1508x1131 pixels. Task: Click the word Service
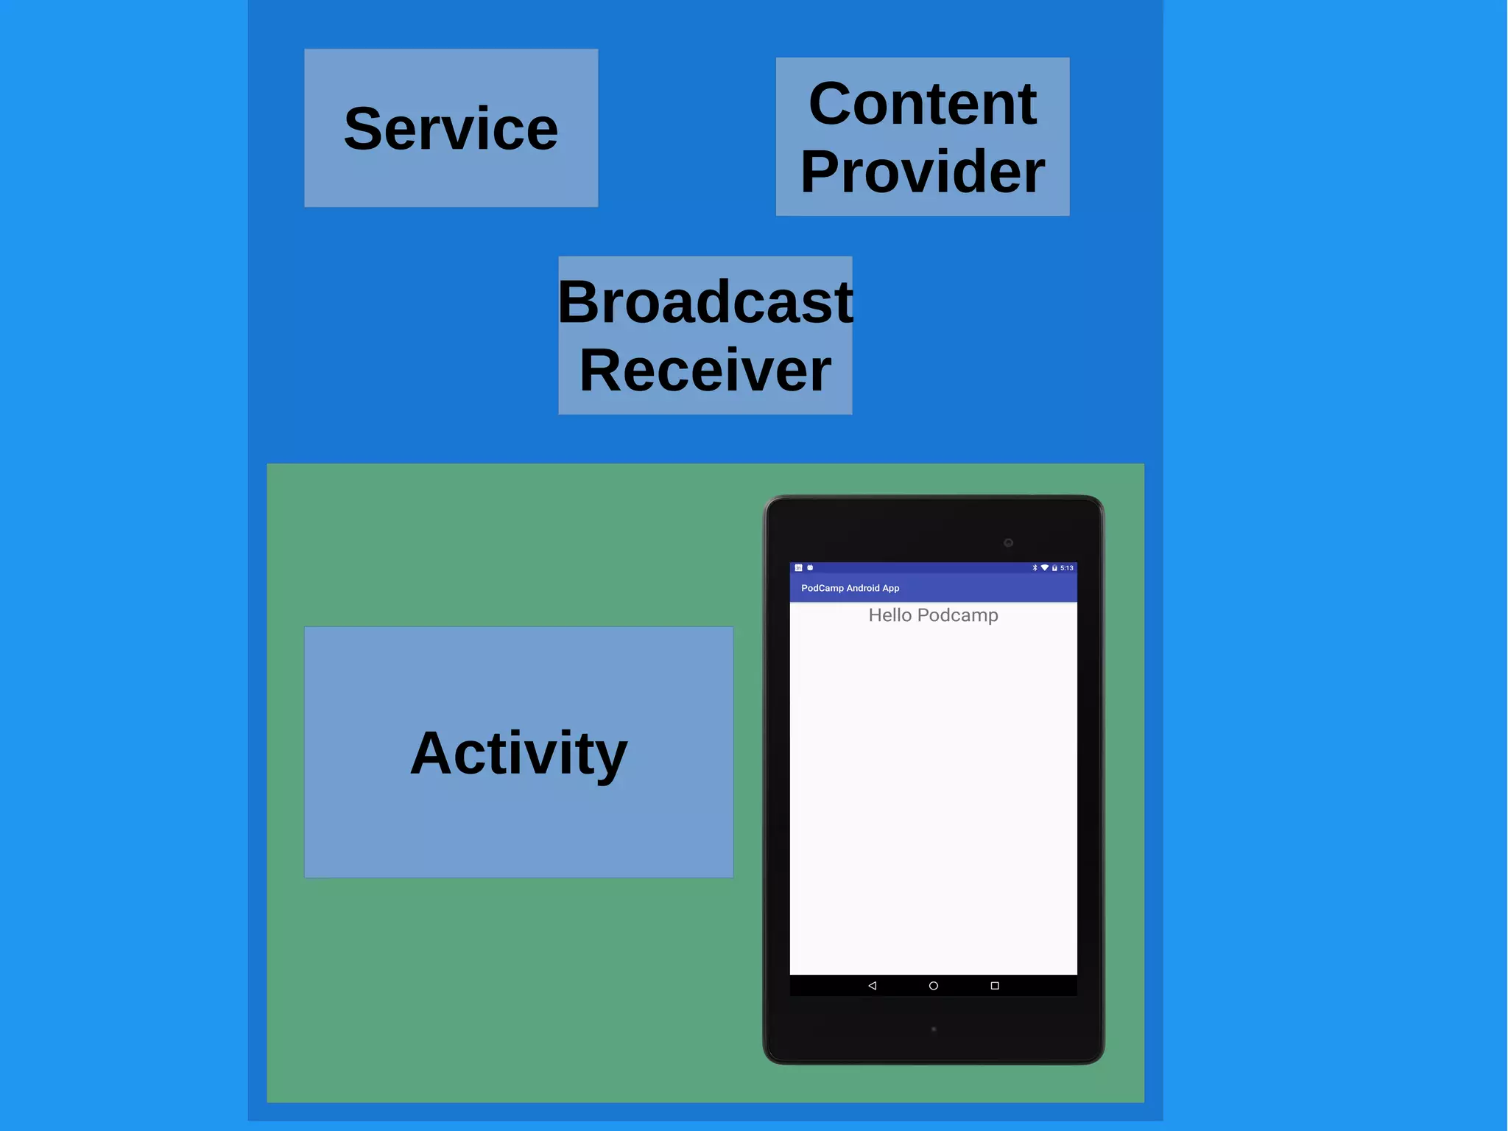point(451,129)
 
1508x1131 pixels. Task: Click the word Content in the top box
point(922,103)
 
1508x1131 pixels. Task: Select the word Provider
point(922,171)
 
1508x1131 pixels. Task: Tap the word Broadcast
point(705,302)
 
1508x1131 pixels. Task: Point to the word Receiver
point(705,370)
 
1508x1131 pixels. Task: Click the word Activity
point(518,753)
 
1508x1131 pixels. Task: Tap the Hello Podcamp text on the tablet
point(933,615)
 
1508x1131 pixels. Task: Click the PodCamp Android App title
point(850,588)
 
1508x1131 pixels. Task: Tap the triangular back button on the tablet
point(872,986)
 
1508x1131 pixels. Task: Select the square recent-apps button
point(995,986)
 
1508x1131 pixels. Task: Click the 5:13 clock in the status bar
point(1067,568)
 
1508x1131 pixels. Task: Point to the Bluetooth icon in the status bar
point(1035,568)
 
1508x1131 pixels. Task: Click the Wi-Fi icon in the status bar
point(1044,568)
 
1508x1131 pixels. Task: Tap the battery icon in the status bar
point(1054,568)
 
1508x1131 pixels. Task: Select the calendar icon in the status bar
point(798,568)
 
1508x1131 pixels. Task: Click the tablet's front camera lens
point(1008,543)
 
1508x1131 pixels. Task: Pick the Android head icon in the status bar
point(810,568)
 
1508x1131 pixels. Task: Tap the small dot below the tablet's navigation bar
point(934,1029)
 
